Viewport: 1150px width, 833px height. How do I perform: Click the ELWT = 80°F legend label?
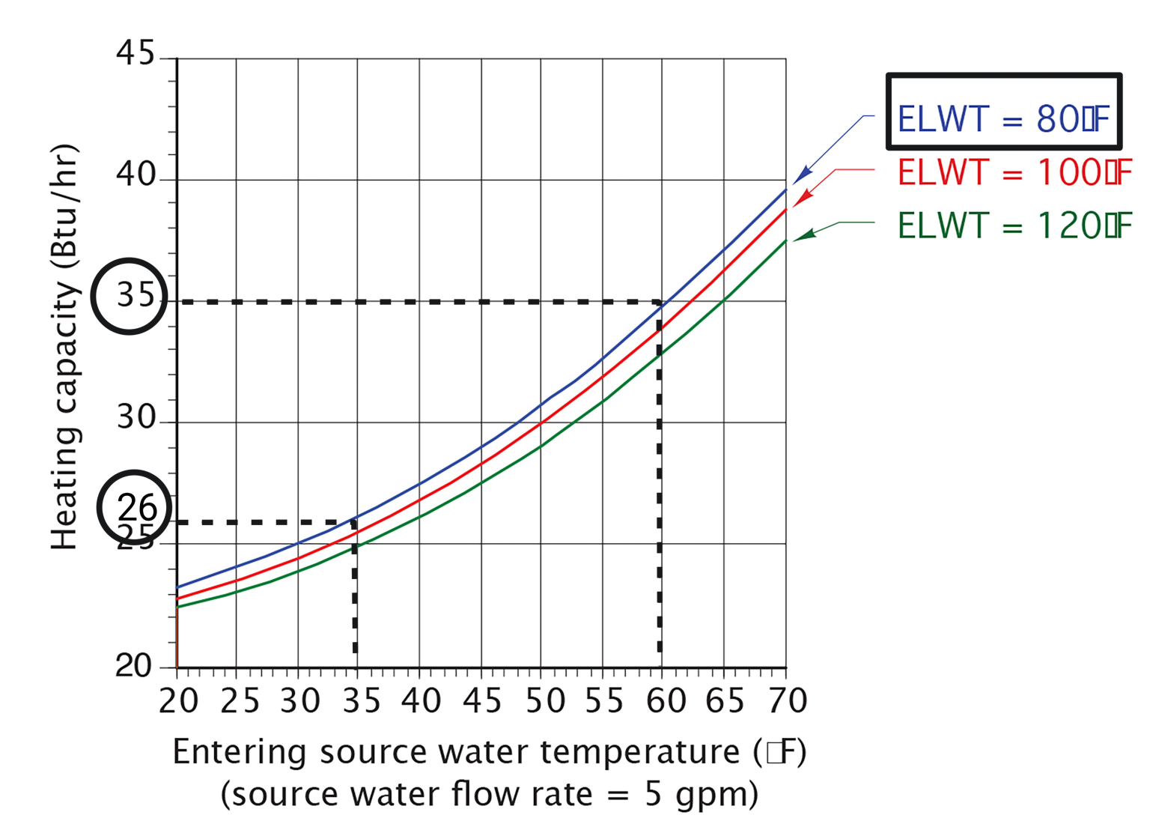coord(1003,119)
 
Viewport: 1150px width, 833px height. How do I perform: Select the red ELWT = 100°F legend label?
coord(1014,173)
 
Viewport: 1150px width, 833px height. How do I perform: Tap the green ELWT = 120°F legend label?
coord(1014,225)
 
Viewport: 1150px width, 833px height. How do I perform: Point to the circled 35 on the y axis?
coord(133,296)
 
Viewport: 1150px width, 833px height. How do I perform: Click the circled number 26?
coord(136,508)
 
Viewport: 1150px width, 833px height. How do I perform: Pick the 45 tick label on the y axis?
coord(136,54)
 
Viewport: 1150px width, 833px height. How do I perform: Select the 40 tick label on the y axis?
coord(136,175)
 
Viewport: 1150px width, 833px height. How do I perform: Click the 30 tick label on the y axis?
coord(136,417)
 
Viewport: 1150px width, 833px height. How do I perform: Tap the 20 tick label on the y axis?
coord(134,665)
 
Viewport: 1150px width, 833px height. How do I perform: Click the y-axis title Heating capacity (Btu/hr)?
coord(64,347)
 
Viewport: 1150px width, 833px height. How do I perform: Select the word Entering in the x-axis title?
coord(240,752)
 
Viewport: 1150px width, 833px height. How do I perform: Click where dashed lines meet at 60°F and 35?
coord(659,302)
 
